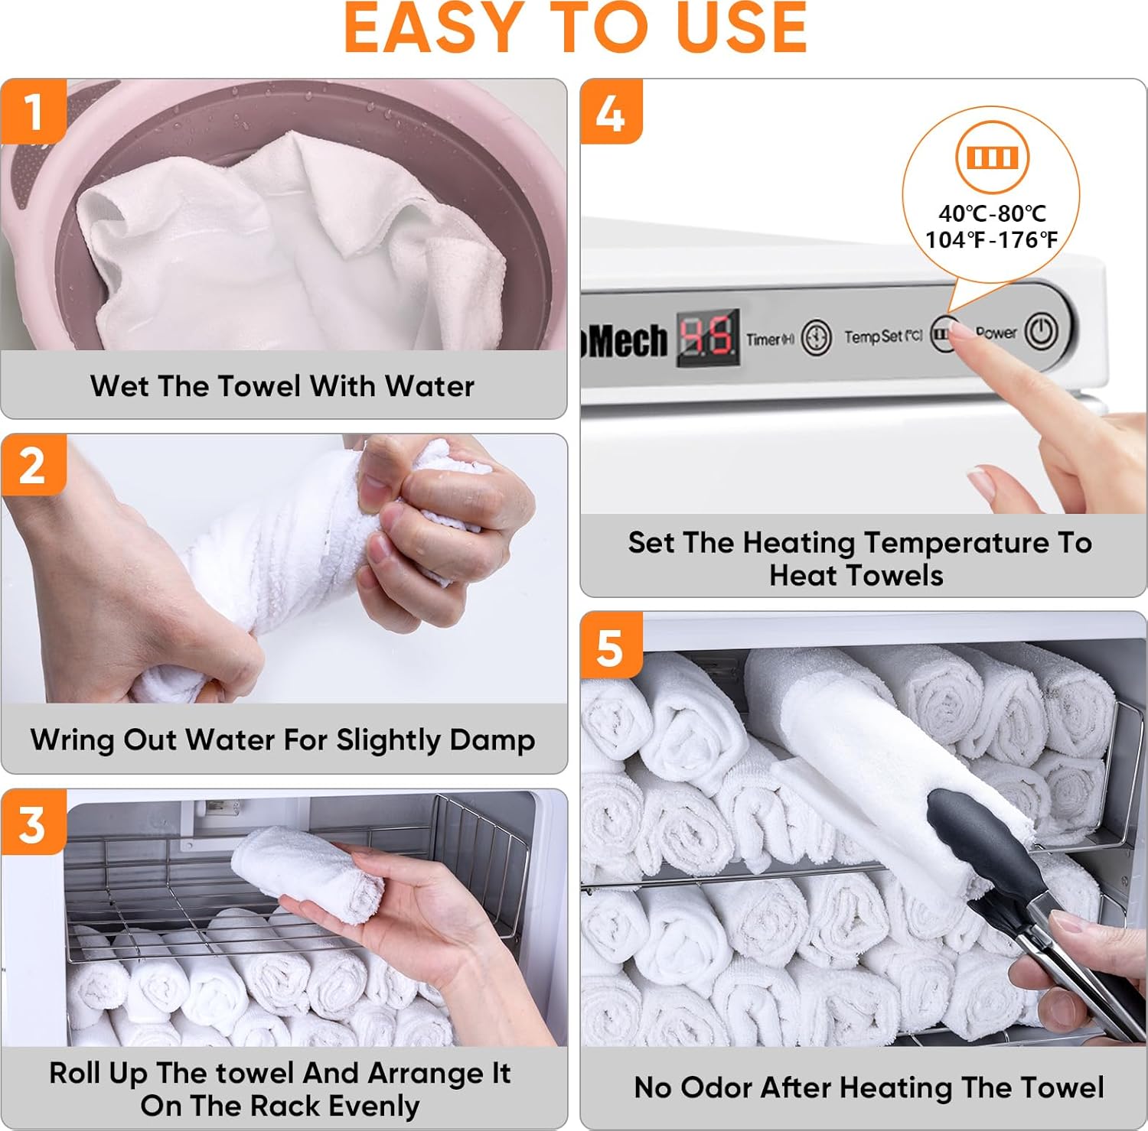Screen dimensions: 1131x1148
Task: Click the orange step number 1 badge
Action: tap(32, 112)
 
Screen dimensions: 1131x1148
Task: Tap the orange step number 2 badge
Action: tap(32, 466)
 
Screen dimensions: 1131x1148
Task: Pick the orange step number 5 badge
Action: tap(610, 646)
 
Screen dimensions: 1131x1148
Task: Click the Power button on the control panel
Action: tap(1041, 330)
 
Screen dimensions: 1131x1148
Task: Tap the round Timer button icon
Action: tap(817, 337)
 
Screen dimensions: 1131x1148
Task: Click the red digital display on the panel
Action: tap(707, 336)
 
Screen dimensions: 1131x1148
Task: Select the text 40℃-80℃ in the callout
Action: tap(992, 213)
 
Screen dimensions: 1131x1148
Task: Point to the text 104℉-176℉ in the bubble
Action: tap(991, 240)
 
